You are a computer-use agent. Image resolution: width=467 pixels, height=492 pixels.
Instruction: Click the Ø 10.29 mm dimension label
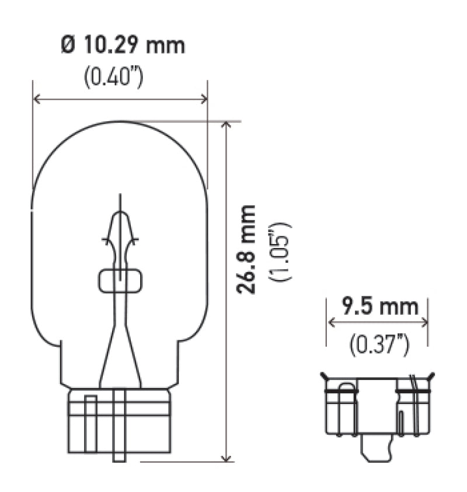[x=123, y=46]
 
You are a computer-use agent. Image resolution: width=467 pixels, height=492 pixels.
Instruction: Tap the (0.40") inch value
[x=113, y=78]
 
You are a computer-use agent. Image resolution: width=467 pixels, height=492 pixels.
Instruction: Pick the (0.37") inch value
[x=379, y=346]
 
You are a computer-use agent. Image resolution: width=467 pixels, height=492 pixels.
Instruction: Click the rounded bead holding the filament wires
[x=120, y=281]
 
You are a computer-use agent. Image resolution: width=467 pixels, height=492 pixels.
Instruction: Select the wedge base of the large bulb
[x=119, y=420]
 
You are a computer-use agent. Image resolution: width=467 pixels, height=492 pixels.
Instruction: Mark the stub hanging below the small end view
[x=376, y=449]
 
